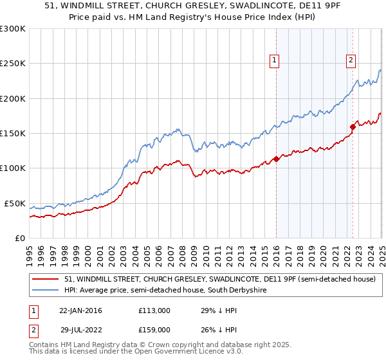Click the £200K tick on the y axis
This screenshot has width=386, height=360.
pyautogui.click(x=14, y=98)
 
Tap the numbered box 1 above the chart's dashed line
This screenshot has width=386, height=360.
pyautogui.click(x=275, y=60)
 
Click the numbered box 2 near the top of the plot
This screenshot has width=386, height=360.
pyautogui.click(x=351, y=60)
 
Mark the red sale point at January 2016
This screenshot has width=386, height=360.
pyautogui.click(x=276, y=159)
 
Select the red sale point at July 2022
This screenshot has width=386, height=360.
pyautogui.click(x=353, y=127)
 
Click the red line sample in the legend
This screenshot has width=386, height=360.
pyautogui.click(x=46, y=279)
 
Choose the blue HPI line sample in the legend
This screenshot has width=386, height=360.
pyautogui.click(x=46, y=291)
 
